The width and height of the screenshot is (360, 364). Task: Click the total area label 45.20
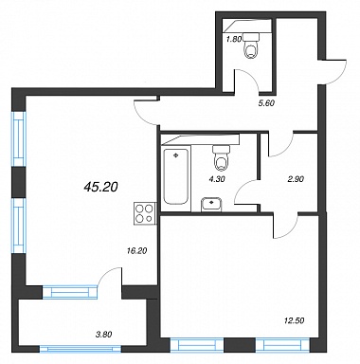pos(101,188)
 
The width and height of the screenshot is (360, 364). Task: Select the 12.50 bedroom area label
pos(294,320)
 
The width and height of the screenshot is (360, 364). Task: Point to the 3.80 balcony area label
pos(104,334)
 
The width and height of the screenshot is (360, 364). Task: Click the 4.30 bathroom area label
pos(217,179)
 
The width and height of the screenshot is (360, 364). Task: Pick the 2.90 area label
pos(296,179)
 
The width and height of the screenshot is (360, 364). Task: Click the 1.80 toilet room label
pos(234,39)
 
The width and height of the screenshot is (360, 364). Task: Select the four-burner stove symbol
pos(146,213)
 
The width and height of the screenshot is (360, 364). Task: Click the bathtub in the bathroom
pos(176,176)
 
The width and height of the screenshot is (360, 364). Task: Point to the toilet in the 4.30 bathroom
pos(221,157)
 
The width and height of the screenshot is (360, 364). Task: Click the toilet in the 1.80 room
pos(252,45)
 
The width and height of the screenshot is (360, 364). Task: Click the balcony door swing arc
pos(106,274)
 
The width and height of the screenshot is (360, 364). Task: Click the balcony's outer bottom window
pos(81,349)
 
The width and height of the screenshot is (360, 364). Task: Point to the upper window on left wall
pos(19,138)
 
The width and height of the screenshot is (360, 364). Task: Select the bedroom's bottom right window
pos(282,345)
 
